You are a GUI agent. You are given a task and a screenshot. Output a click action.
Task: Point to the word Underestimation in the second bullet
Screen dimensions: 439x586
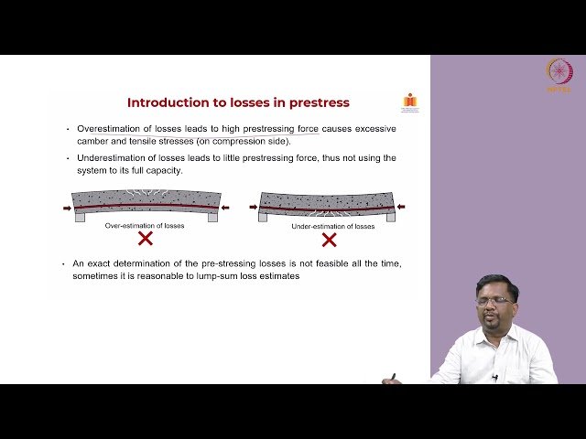pos(113,157)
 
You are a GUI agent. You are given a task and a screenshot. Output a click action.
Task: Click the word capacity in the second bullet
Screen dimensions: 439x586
pos(166,170)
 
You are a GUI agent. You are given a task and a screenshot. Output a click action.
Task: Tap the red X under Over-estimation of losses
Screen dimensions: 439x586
pos(145,239)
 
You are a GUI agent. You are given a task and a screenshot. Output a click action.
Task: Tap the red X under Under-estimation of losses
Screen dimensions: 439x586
pos(329,239)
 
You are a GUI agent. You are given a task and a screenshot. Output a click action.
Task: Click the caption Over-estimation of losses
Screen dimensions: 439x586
pos(145,225)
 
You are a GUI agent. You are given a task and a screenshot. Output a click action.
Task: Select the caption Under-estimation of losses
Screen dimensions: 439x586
pos(329,225)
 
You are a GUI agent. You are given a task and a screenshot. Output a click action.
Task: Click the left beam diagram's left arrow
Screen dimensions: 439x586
pos(67,209)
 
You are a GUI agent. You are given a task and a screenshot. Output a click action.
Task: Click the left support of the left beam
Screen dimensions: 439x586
pos(80,217)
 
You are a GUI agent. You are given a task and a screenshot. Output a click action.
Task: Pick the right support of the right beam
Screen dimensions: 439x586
pos(394,217)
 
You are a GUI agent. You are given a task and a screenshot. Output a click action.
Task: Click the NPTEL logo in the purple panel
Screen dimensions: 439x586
pos(558,73)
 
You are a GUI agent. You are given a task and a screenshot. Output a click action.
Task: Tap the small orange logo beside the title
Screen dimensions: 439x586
pos(408,102)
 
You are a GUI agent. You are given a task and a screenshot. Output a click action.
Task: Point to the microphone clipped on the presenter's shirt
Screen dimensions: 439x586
pos(494,377)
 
